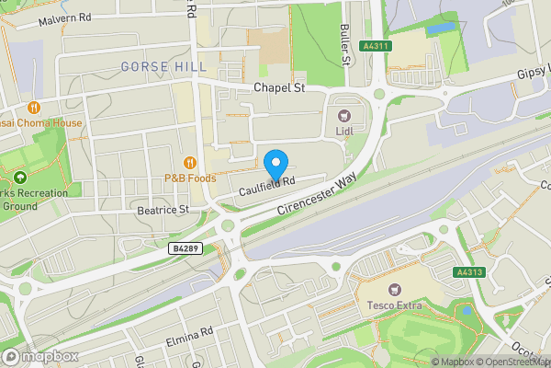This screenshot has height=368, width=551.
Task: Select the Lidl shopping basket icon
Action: point(345,116)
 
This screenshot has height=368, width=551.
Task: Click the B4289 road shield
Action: point(186,248)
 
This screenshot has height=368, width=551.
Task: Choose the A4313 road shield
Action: point(468,272)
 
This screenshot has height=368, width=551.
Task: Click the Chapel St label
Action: point(278,88)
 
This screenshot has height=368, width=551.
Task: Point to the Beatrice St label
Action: point(162,210)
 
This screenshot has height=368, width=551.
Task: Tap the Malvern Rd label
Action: point(65,17)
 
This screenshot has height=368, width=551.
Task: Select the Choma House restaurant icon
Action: point(34,106)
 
